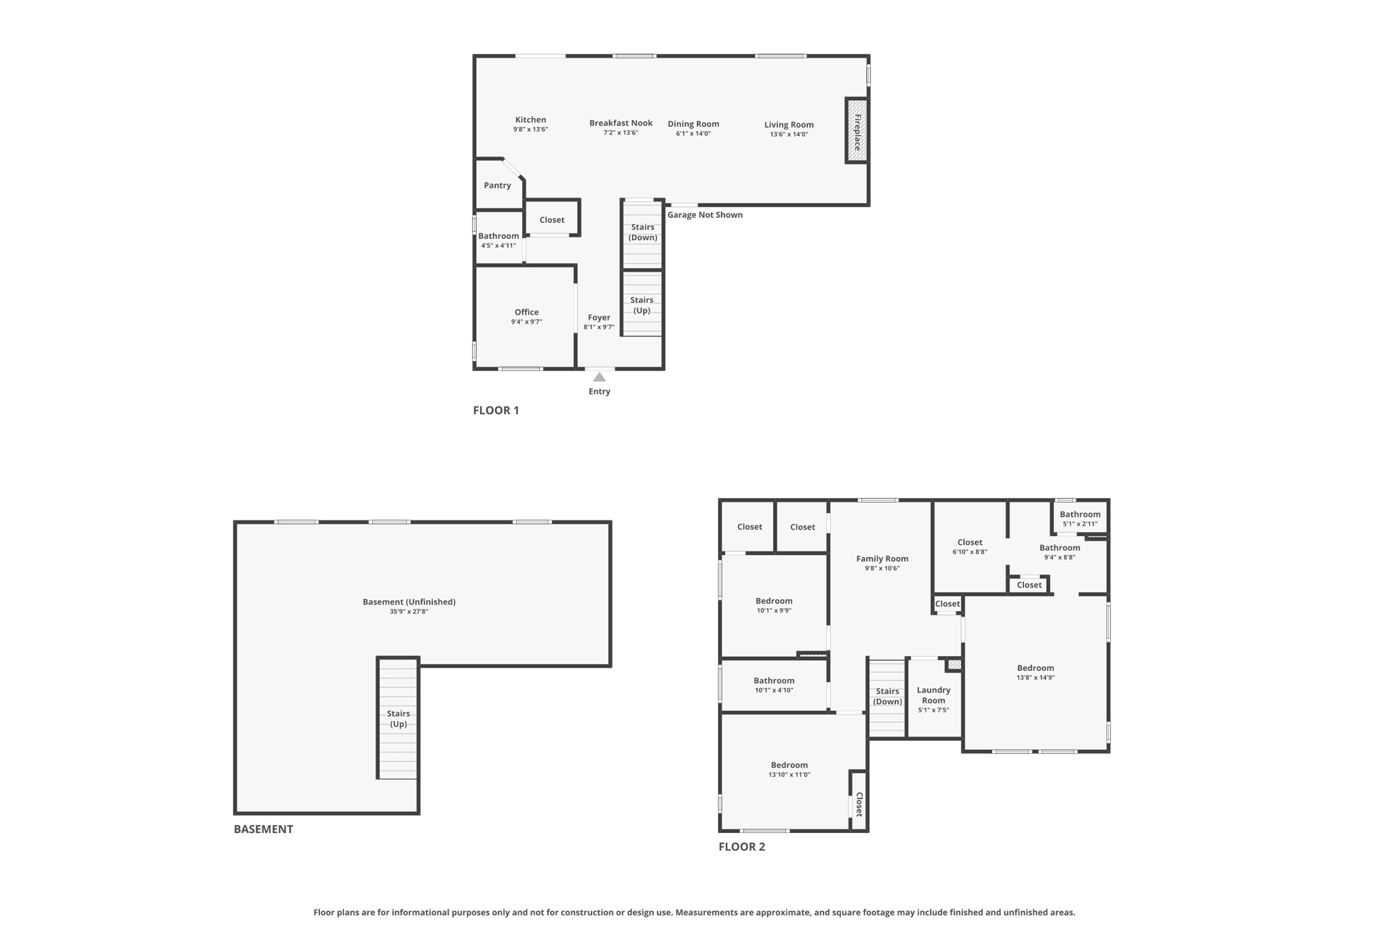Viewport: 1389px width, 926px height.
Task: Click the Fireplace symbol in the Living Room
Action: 857,131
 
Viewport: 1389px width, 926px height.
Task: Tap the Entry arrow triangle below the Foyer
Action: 599,377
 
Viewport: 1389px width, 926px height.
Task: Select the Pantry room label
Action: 497,185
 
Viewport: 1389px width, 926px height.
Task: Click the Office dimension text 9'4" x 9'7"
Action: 526,322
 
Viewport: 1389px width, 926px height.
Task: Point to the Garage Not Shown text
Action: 705,215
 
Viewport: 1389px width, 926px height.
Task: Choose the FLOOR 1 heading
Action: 496,410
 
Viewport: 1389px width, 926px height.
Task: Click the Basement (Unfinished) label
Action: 409,602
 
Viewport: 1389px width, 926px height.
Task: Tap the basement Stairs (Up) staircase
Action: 397,719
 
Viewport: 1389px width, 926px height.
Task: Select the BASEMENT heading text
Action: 263,829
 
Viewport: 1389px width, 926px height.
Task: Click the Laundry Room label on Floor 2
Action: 933,695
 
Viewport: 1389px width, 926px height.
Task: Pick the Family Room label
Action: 882,559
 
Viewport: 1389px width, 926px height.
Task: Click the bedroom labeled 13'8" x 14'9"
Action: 1035,672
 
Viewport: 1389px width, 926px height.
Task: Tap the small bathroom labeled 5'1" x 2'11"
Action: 1080,518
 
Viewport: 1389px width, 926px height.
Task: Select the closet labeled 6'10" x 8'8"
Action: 969,547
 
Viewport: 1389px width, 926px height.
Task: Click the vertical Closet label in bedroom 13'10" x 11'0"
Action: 859,804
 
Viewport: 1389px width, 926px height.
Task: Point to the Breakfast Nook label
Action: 621,123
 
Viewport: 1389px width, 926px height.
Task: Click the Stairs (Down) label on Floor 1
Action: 642,232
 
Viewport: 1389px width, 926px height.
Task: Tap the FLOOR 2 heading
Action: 741,847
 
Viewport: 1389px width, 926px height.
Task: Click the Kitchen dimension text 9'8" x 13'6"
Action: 530,130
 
